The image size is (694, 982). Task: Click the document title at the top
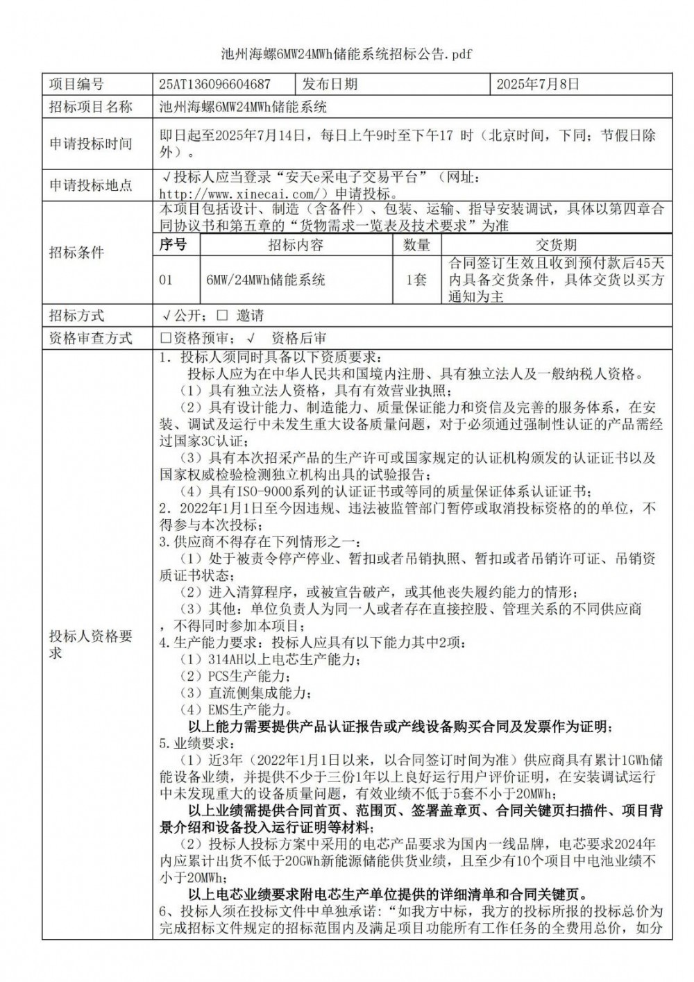346,54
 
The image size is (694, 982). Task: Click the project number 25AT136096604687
214,85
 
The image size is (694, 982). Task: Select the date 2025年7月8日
538,85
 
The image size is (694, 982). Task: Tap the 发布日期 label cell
330,85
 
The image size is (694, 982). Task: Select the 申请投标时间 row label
90,144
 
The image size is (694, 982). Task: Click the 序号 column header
173,244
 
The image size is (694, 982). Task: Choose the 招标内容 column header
296,244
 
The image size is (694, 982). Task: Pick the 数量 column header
416,244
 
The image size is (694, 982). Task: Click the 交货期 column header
556,244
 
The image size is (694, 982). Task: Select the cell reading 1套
416,280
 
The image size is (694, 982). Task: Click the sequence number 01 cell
167,280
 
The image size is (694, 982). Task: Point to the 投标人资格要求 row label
90,644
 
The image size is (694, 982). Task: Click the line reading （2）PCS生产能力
236,675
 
